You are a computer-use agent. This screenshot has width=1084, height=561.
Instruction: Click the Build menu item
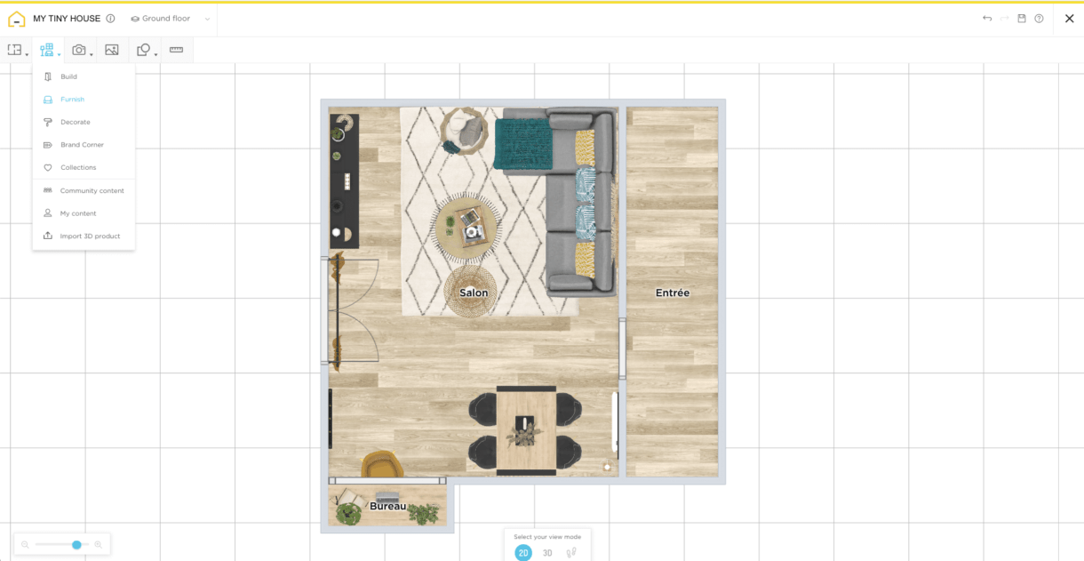[x=68, y=76]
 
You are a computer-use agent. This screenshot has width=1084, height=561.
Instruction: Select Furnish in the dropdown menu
[x=72, y=100]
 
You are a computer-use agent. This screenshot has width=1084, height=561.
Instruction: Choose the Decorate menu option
[x=75, y=122]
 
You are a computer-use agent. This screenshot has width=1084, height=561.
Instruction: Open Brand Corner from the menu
[x=82, y=145]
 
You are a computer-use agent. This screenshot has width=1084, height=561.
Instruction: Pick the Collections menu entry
[x=78, y=167]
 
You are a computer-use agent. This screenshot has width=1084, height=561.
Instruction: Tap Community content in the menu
[x=92, y=191]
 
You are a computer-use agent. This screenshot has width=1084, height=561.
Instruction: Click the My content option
[x=78, y=213]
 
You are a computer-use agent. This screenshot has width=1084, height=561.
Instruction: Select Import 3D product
[x=90, y=236]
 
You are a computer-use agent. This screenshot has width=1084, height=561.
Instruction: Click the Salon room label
[x=474, y=293]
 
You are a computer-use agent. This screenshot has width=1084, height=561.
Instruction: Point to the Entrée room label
[x=673, y=293]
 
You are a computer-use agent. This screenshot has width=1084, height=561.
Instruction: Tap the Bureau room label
[x=387, y=506]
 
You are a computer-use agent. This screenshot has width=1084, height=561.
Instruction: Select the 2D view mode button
[x=523, y=553]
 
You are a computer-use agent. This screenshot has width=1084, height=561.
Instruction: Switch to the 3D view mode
[x=547, y=553]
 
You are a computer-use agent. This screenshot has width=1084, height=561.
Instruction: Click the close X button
[x=1069, y=19]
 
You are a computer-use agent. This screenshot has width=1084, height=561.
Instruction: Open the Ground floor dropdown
[x=171, y=19]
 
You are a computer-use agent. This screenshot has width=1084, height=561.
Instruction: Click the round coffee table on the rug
[x=466, y=226]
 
